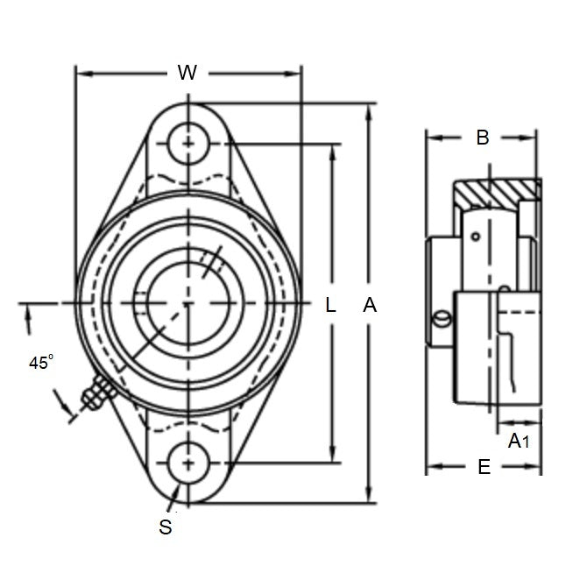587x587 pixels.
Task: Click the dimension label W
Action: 187,74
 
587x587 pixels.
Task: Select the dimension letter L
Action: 330,305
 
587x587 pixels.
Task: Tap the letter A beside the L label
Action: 370,305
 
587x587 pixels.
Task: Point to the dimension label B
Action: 482,137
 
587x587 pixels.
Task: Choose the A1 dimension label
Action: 520,442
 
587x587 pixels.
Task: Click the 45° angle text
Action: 40,362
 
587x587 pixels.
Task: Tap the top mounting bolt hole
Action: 188,142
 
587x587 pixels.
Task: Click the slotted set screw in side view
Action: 442,320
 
